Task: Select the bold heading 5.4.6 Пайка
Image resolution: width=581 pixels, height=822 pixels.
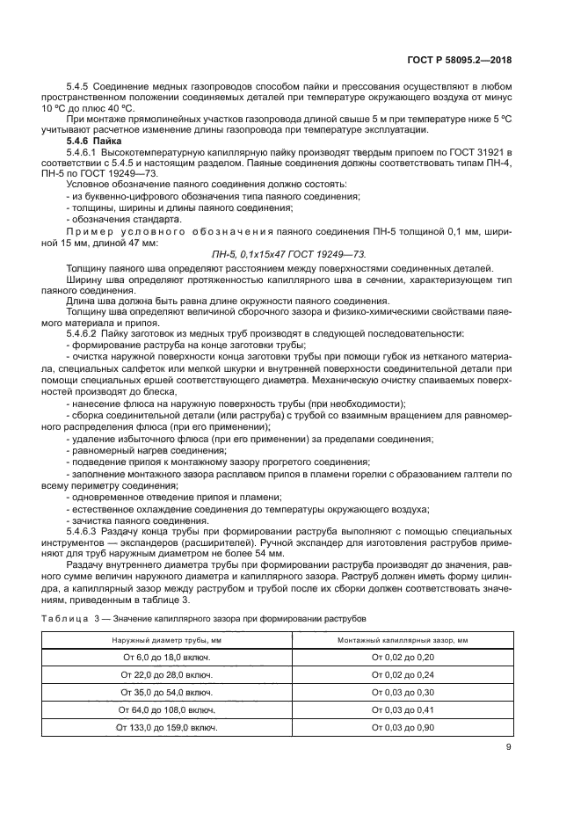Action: point(94,141)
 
